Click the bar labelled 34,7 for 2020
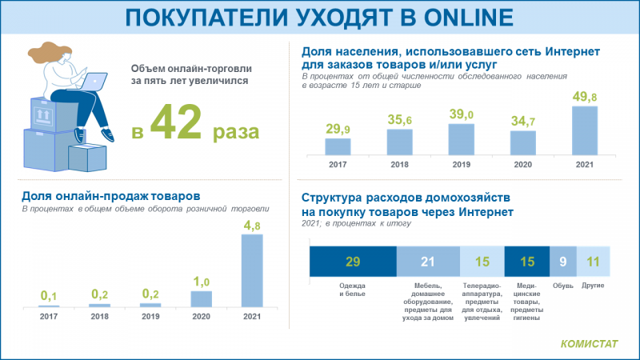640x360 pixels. click(522, 142)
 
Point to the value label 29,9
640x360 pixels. click(338, 128)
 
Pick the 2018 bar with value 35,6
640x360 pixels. click(399, 141)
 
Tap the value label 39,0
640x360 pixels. click(461, 114)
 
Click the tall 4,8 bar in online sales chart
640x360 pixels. click(252, 270)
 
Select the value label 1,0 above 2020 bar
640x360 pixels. click(202, 282)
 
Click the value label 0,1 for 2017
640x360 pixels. click(50, 295)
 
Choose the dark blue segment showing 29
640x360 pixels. click(353, 261)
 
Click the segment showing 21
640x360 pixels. click(428, 261)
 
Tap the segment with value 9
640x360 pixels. click(562, 261)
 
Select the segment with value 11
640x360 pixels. click(593, 261)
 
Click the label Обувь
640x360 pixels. click(562, 286)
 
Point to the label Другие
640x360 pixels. click(593, 286)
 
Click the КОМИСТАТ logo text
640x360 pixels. click(589, 345)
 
